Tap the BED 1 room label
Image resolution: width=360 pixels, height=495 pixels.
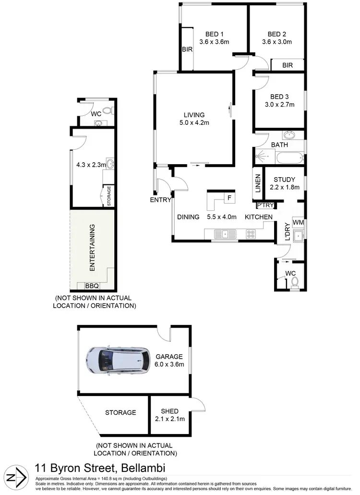coord(215,34)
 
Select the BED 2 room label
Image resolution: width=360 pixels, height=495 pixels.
coord(276,34)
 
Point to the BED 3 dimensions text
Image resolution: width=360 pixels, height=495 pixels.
coord(279,104)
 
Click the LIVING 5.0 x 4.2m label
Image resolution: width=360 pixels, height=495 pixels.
coord(194,119)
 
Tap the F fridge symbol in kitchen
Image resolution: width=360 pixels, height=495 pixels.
coord(229,197)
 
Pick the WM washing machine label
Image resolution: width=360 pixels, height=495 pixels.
coord(298,222)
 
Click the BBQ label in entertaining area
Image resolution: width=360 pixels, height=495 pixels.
coord(92,286)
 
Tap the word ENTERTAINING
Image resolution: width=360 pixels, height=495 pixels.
coord(92,246)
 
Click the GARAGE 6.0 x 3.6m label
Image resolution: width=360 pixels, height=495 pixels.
coord(169,360)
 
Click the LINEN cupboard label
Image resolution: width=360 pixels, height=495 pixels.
coord(257,183)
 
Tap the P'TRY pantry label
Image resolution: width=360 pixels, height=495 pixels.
coord(265,206)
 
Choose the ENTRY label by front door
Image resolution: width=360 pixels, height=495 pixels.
coord(160,200)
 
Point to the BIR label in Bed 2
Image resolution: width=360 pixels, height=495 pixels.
coord(287,65)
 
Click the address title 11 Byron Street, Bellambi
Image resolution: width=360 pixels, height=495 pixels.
coord(100,468)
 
